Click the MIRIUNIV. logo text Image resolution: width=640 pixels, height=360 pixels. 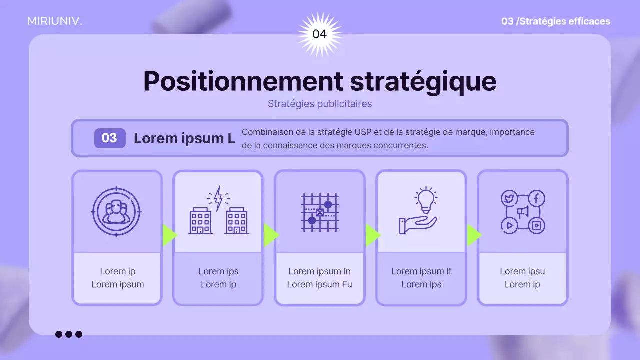pyautogui.click(x=55, y=21)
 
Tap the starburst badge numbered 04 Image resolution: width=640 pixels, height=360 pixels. pyautogui.click(x=319, y=34)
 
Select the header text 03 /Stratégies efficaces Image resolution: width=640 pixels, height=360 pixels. pyautogui.click(x=555, y=21)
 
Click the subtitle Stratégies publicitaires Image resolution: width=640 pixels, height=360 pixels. pyautogui.click(x=320, y=104)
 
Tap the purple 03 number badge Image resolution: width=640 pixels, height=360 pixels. pyautogui.click(x=109, y=138)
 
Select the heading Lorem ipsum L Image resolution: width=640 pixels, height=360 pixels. pyautogui.click(x=184, y=138)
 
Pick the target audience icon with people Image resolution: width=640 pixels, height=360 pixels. pyautogui.click(x=117, y=211)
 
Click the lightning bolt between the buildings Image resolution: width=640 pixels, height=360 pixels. pyautogui.click(x=218, y=198)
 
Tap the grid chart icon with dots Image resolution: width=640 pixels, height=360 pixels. pyautogui.click(x=320, y=212)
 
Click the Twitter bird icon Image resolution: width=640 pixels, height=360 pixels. pyautogui.click(x=509, y=198)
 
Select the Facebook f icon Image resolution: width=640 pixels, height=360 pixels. pyautogui.click(x=536, y=198)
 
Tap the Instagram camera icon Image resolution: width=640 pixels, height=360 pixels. pyautogui.click(x=536, y=225)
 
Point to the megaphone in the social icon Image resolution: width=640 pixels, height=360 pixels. pyautogui.click(x=523, y=212)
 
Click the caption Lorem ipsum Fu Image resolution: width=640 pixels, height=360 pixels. pyautogui.click(x=319, y=284)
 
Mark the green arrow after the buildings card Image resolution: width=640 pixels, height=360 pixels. pyautogui.click(x=270, y=235)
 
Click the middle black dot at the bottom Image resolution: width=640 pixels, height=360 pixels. pyautogui.click(x=69, y=334)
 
